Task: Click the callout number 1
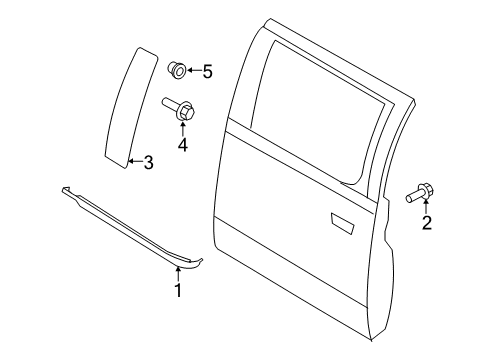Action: [178, 290]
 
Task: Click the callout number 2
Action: [427, 223]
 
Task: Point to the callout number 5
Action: [208, 71]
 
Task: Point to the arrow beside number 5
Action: [195, 71]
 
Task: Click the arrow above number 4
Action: [183, 128]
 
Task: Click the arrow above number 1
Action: [178, 273]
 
